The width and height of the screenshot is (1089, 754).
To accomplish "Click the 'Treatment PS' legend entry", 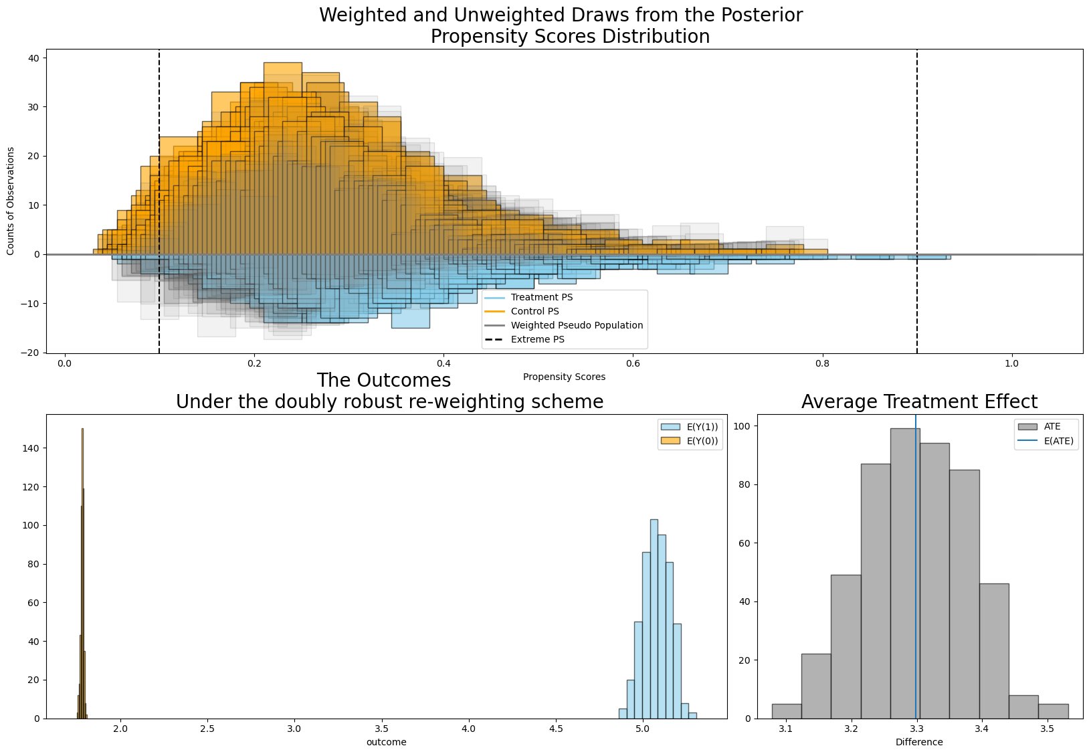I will pyautogui.click(x=541, y=297).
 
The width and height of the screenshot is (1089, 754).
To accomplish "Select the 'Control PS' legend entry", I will pyautogui.click(x=534, y=311).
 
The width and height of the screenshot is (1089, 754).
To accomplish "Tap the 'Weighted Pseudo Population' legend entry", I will pyautogui.click(x=577, y=325).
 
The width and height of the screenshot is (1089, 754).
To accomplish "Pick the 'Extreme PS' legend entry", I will pyautogui.click(x=537, y=339).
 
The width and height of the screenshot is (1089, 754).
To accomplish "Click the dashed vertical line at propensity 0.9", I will pyautogui.click(x=916, y=167).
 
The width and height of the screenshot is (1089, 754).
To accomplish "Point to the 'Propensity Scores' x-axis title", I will pyautogui.click(x=564, y=377).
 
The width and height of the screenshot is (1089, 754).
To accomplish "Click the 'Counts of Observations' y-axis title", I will pyautogui.click(x=11, y=201).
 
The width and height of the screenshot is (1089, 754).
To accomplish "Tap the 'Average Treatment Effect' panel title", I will pyautogui.click(x=919, y=401).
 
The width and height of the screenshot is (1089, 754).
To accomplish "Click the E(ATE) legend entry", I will pyautogui.click(x=1057, y=440).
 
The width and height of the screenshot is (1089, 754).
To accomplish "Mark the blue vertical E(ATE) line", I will pyautogui.click(x=916, y=569).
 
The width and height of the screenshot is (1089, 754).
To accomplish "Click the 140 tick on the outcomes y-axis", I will pyautogui.click(x=32, y=448).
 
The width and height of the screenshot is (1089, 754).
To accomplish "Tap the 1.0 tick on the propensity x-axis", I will pyautogui.click(x=1011, y=363).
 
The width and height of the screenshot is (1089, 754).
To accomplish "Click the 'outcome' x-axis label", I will pyautogui.click(x=386, y=742).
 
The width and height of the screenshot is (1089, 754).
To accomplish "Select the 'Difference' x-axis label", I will pyautogui.click(x=919, y=742).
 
